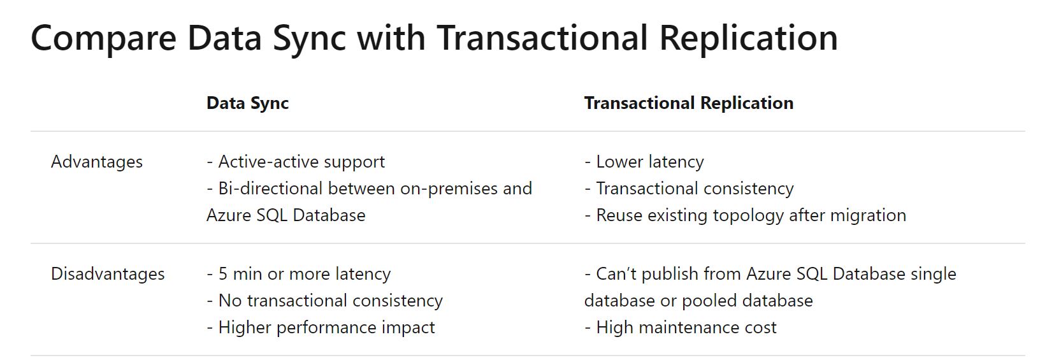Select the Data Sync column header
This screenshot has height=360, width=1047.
pyautogui.click(x=247, y=103)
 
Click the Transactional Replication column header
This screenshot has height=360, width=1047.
pyautogui.click(x=688, y=103)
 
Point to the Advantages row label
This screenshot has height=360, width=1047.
pyautogui.click(x=97, y=162)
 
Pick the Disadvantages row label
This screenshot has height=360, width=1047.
pyautogui.click(x=108, y=273)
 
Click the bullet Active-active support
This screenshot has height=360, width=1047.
pyautogui.click(x=296, y=162)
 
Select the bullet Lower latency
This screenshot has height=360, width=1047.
pyautogui.click(x=644, y=162)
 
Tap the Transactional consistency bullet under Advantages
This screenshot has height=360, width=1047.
pyautogui.click(x=689, y=189)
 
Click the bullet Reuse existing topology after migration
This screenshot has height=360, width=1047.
pyautogui.click(x=745, y=215)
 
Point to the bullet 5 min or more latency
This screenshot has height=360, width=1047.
pyautogui.click(x=299, y=273)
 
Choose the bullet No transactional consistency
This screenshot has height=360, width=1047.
pyautogui.click(x=324, y=301)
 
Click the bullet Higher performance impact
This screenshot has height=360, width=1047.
pyautogui.click(x=321, y=328)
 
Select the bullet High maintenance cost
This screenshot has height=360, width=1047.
pyautogui.click(x=680, y=328)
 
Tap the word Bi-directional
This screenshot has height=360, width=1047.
pyautogui.click(x=270, y=189)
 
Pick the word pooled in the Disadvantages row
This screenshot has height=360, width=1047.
pyautogui.click(x=709, y=301)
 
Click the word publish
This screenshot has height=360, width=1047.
pyautogui.click(x=669, y=275)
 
